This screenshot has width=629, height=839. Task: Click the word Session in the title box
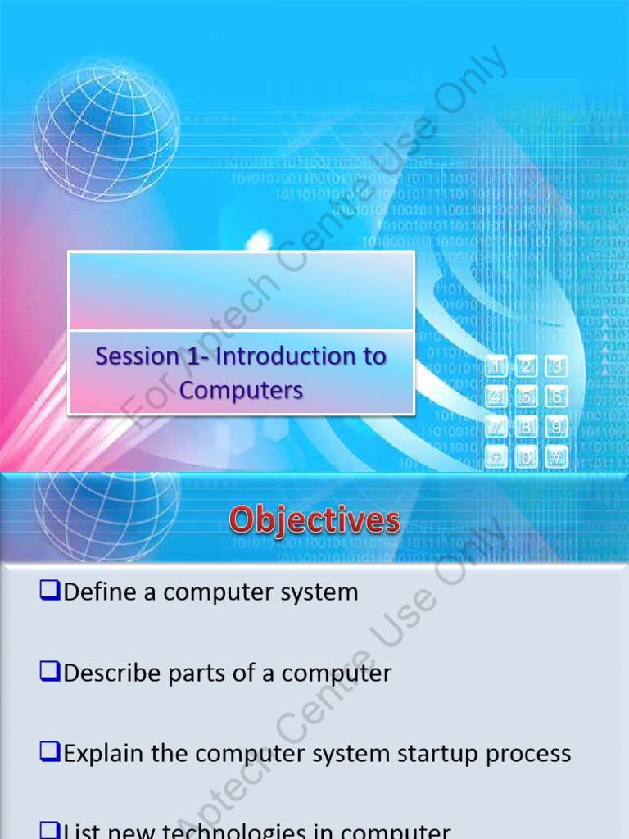(x=137, y=356)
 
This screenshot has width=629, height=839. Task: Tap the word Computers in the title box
(x=241, y=390)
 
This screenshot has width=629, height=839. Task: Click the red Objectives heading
(x=314, y=520)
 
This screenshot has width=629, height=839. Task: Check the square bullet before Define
(x=50, y=590)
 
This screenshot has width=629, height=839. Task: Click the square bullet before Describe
(x=50, y=671)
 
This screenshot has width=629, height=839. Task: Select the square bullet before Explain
(x=50, y=751)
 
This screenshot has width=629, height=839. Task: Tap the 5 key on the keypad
(x=527, y=397)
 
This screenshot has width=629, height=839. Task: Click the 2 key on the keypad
(x=527, y=367)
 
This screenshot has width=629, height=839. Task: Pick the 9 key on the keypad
(x=557, y=427)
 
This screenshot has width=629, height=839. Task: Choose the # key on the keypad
(x=557, y=457)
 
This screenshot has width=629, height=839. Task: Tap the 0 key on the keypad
(x=527, y=457)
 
